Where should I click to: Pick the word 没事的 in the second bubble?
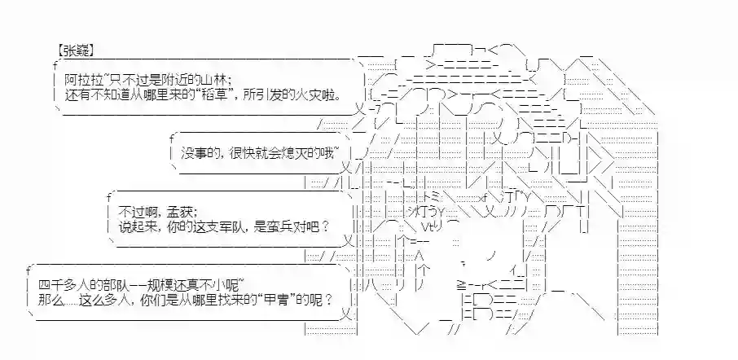tap(195, 152)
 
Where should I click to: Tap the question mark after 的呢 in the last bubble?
tap(327, 300)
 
